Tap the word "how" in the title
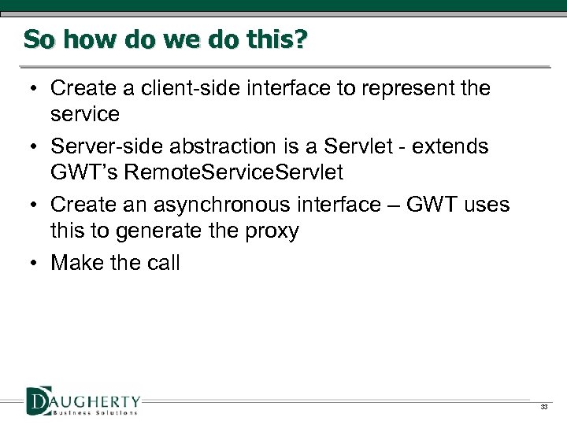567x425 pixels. [89, 39]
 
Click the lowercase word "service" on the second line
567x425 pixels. [85, 115]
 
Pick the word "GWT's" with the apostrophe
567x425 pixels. [84, 173]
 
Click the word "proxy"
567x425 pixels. [272, 231]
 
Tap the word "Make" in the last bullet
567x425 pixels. [76, 263]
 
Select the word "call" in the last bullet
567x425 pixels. [163, 263]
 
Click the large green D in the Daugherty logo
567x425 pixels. [38, 401]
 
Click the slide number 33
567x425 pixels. [543, 407]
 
